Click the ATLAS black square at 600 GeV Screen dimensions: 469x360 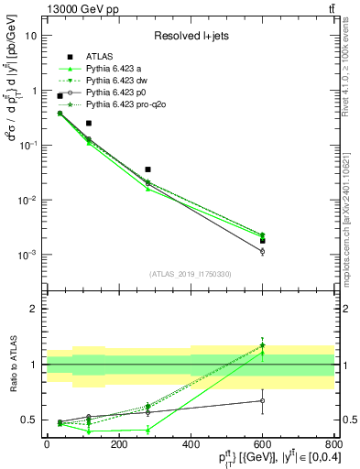(262, 241)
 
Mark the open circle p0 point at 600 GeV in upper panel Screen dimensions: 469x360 (262, 251)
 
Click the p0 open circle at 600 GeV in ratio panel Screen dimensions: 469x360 (262, 400)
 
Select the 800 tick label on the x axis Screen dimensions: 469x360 (333, 443)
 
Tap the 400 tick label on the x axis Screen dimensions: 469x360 (191, 443)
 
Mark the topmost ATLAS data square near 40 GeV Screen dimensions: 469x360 (60, 95)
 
